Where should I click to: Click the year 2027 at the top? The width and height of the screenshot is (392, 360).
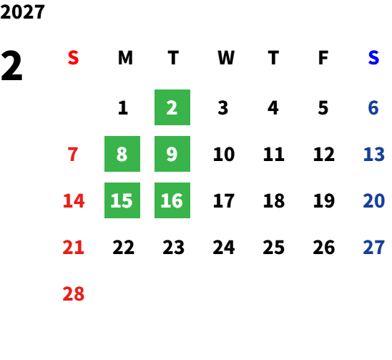(x=22, y=11)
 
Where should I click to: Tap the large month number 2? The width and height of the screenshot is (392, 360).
(x=11, y=66)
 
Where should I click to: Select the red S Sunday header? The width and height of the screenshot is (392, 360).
(x=73, y=58)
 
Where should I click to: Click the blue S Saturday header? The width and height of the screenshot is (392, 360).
(x=373, y=58)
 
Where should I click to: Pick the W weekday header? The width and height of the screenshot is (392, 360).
(x=226, y=58)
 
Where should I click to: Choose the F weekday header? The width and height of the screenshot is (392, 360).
(x=323, y=58)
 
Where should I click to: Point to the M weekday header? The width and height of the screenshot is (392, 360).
(x=125, y=58)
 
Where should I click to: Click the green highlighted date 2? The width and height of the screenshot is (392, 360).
(x=172, y=107)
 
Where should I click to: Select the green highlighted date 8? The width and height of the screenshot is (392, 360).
(x=122, y=154)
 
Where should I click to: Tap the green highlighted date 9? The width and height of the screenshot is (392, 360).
(x=172, y=154)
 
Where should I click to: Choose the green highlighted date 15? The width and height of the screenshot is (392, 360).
(x=122, y=200)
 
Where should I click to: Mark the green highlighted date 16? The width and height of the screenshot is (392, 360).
(x=172, y=200)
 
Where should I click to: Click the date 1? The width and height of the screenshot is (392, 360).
(x=123, y=108)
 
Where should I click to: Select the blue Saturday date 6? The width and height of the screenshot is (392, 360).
(x=373, y=108)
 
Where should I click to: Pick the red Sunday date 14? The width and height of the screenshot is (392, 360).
(x=74, y=200)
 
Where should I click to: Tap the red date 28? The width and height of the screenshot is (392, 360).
(x=74, y=293)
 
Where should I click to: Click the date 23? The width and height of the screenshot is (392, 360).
(x=174, y=248)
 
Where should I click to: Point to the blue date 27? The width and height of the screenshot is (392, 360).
(x=373, y=248)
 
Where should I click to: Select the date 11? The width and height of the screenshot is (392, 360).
(x=274, y=154)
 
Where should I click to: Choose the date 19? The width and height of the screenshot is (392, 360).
(x=324, y=200)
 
